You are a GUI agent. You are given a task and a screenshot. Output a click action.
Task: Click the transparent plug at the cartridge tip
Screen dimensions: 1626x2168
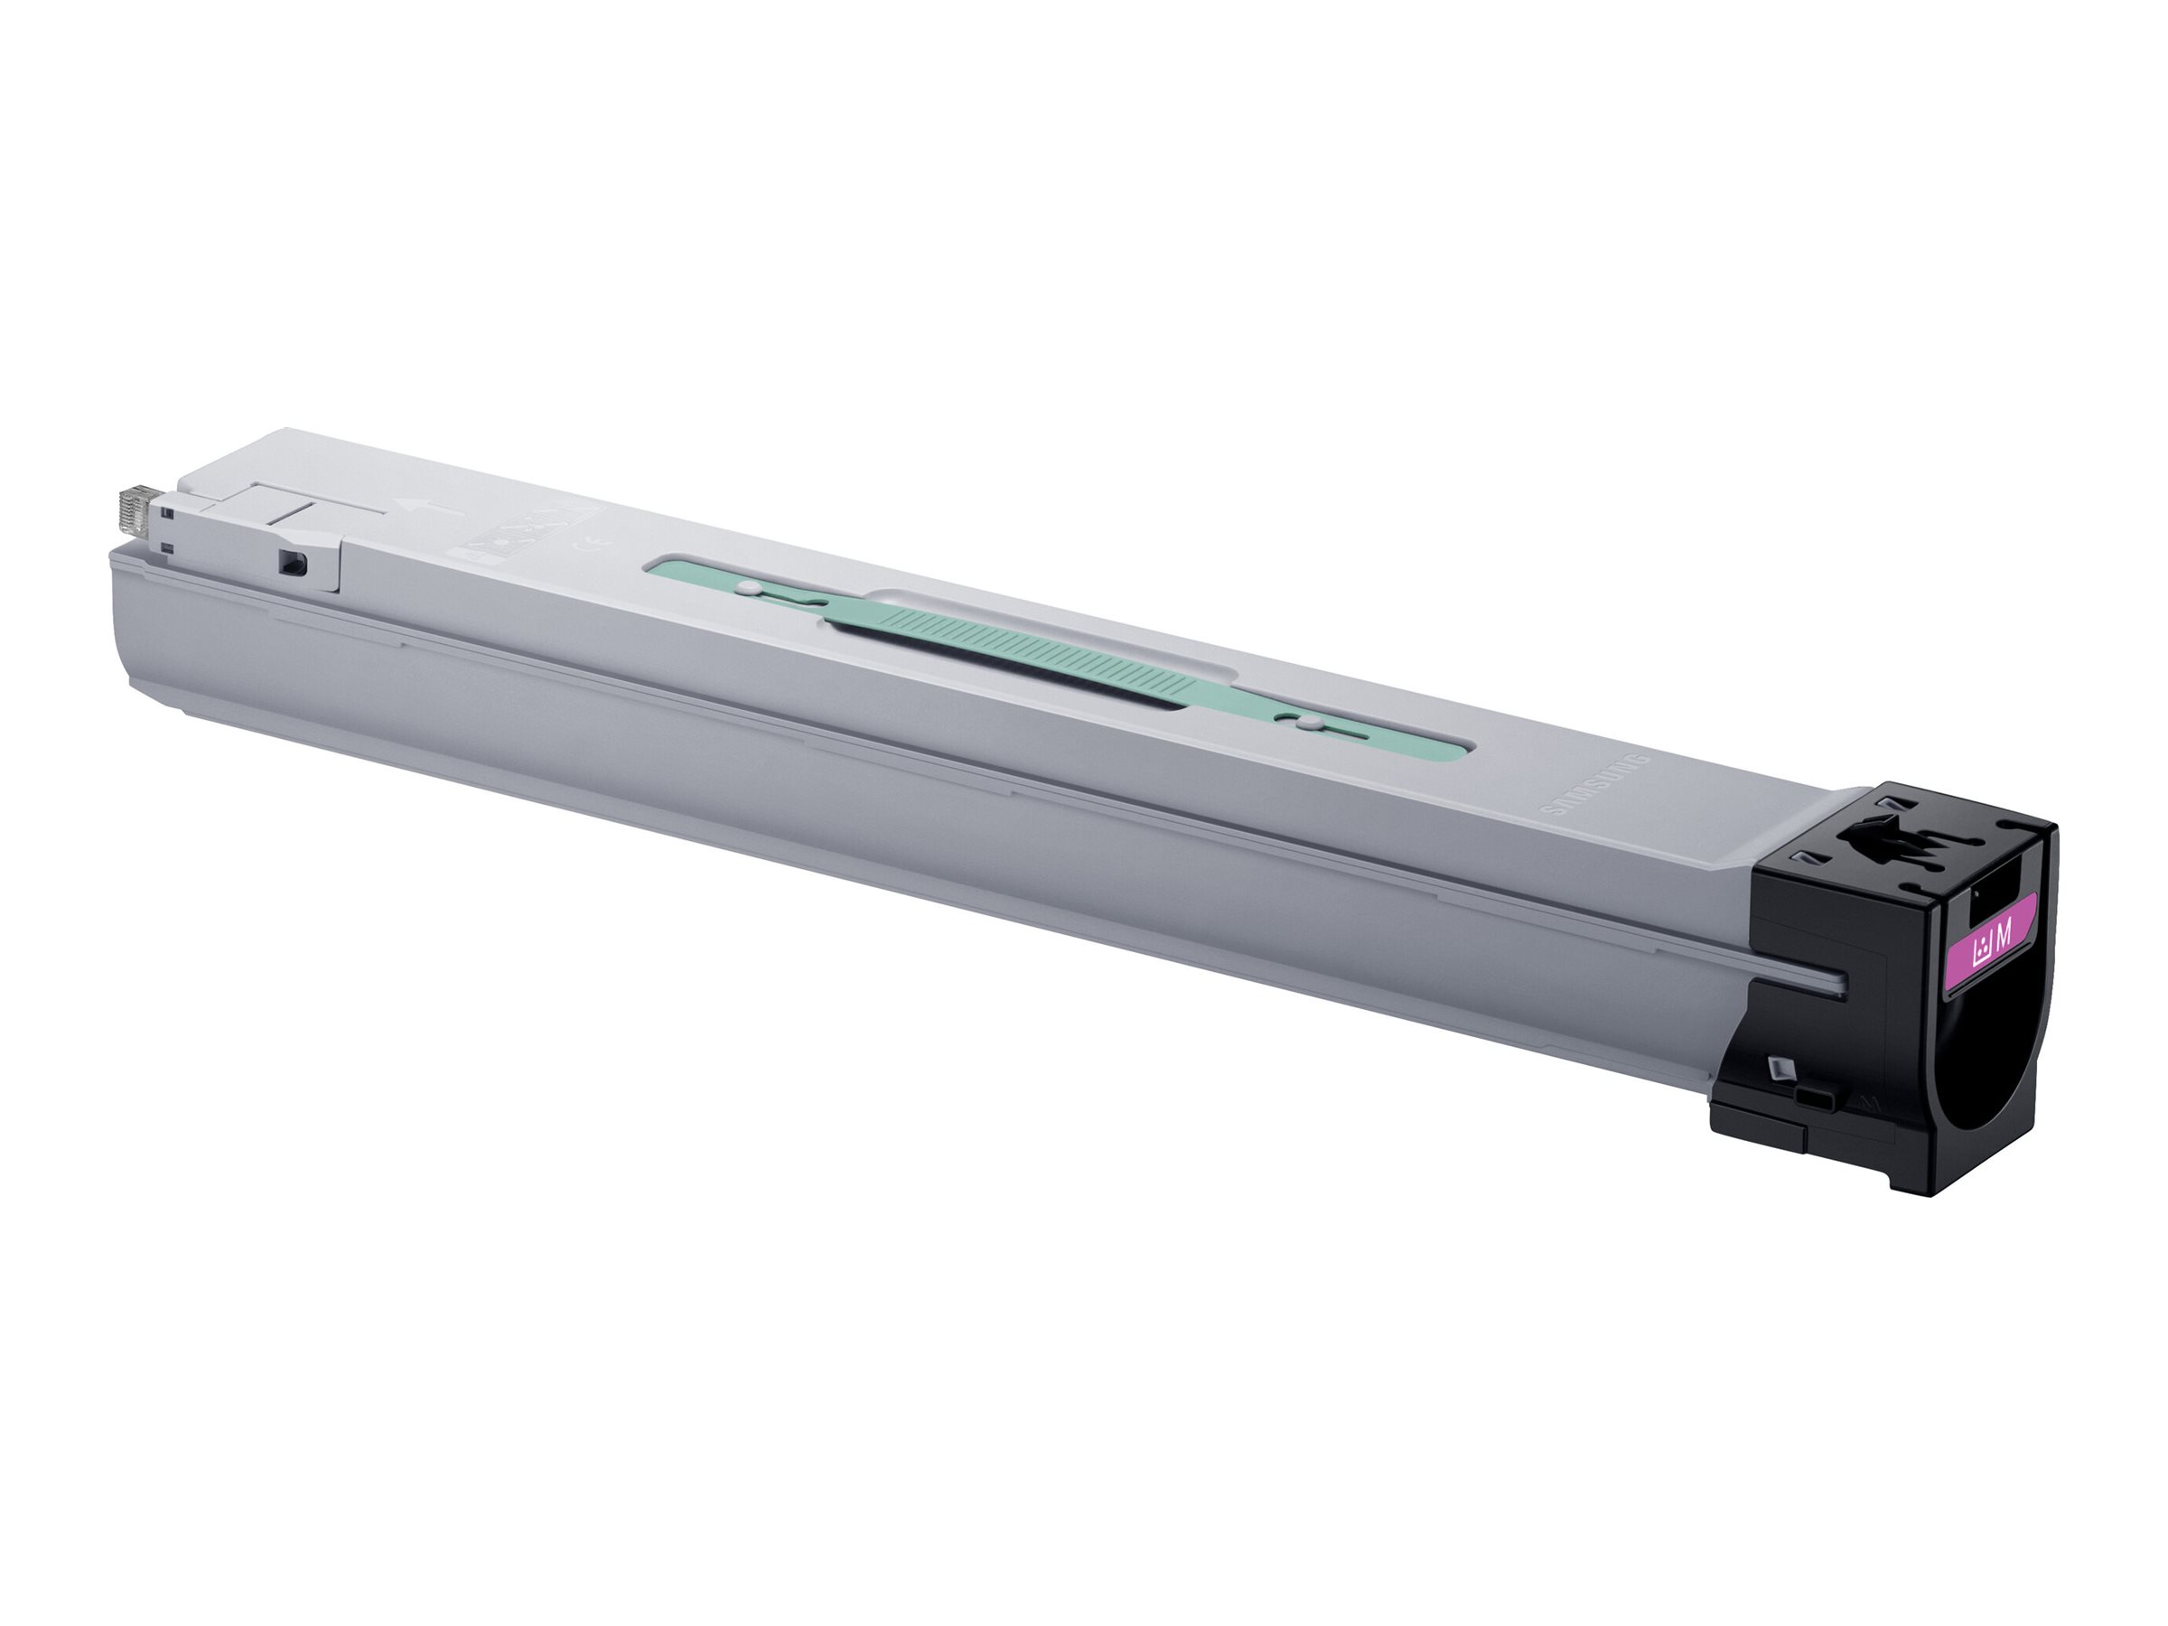click(134, 514)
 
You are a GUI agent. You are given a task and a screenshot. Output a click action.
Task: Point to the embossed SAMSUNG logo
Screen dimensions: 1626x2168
click(1596, 799)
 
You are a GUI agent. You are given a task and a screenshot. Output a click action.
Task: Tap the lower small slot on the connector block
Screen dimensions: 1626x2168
click(168, 547)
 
